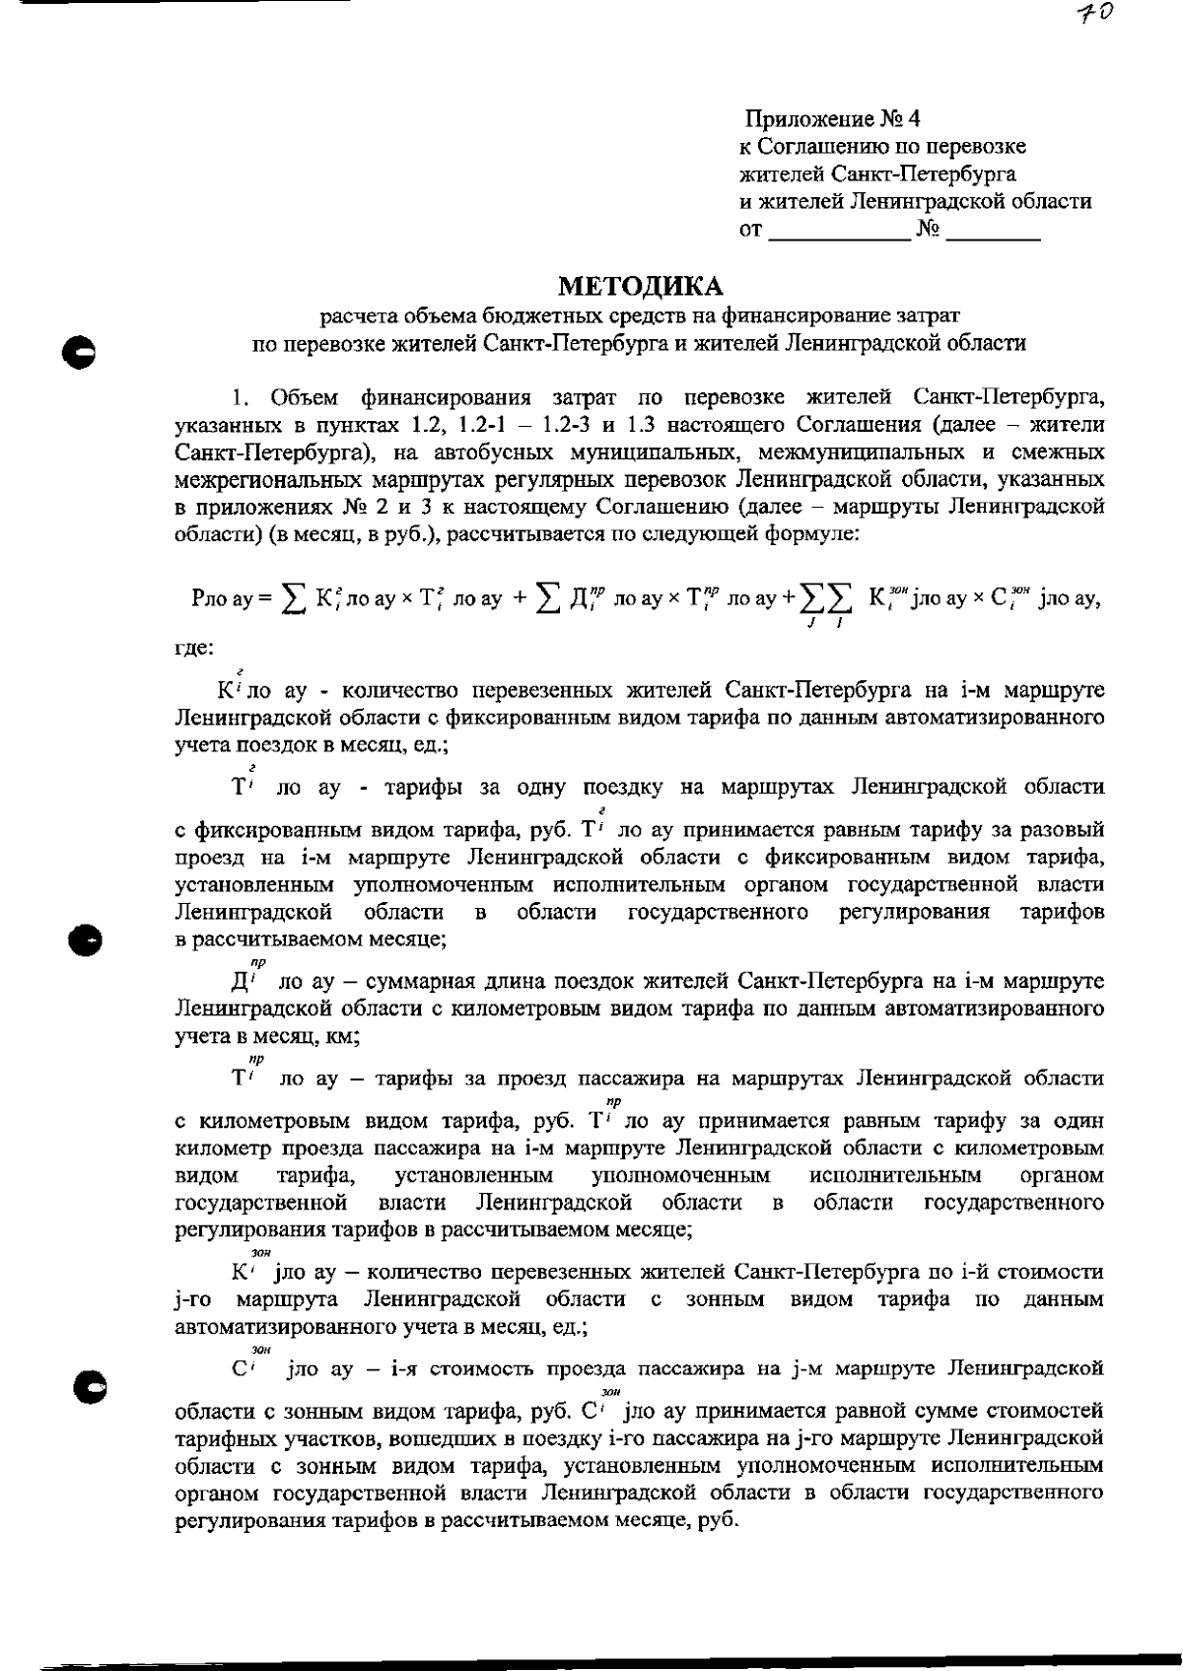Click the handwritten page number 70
(1097, 13)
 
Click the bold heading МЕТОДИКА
(641, 286)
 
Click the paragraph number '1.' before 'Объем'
(240, 398)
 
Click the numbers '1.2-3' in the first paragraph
(559, 425)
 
